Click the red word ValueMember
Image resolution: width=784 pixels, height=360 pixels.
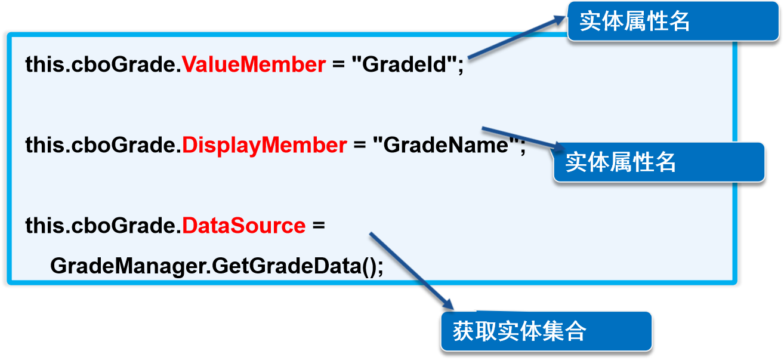pyautogui.click(x=254, y=64)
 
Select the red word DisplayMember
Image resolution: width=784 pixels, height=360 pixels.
pyautogui.click(x=264, y=145)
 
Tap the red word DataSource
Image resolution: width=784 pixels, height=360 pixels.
pyautogui.click(x=243, y=226)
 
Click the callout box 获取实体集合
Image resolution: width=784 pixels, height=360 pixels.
pyautogui.click(x=546, y=331)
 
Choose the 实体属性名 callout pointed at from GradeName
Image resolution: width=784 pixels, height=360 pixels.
pyautogui.click(x=659, y=162)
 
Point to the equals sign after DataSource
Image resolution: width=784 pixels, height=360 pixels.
pyautogui.click(x=318, y=226)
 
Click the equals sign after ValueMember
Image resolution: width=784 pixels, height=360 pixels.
pyautogui.click(x=338, y=64)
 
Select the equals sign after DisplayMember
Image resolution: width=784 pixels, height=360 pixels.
pyautogui.click(x=359, y=145)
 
